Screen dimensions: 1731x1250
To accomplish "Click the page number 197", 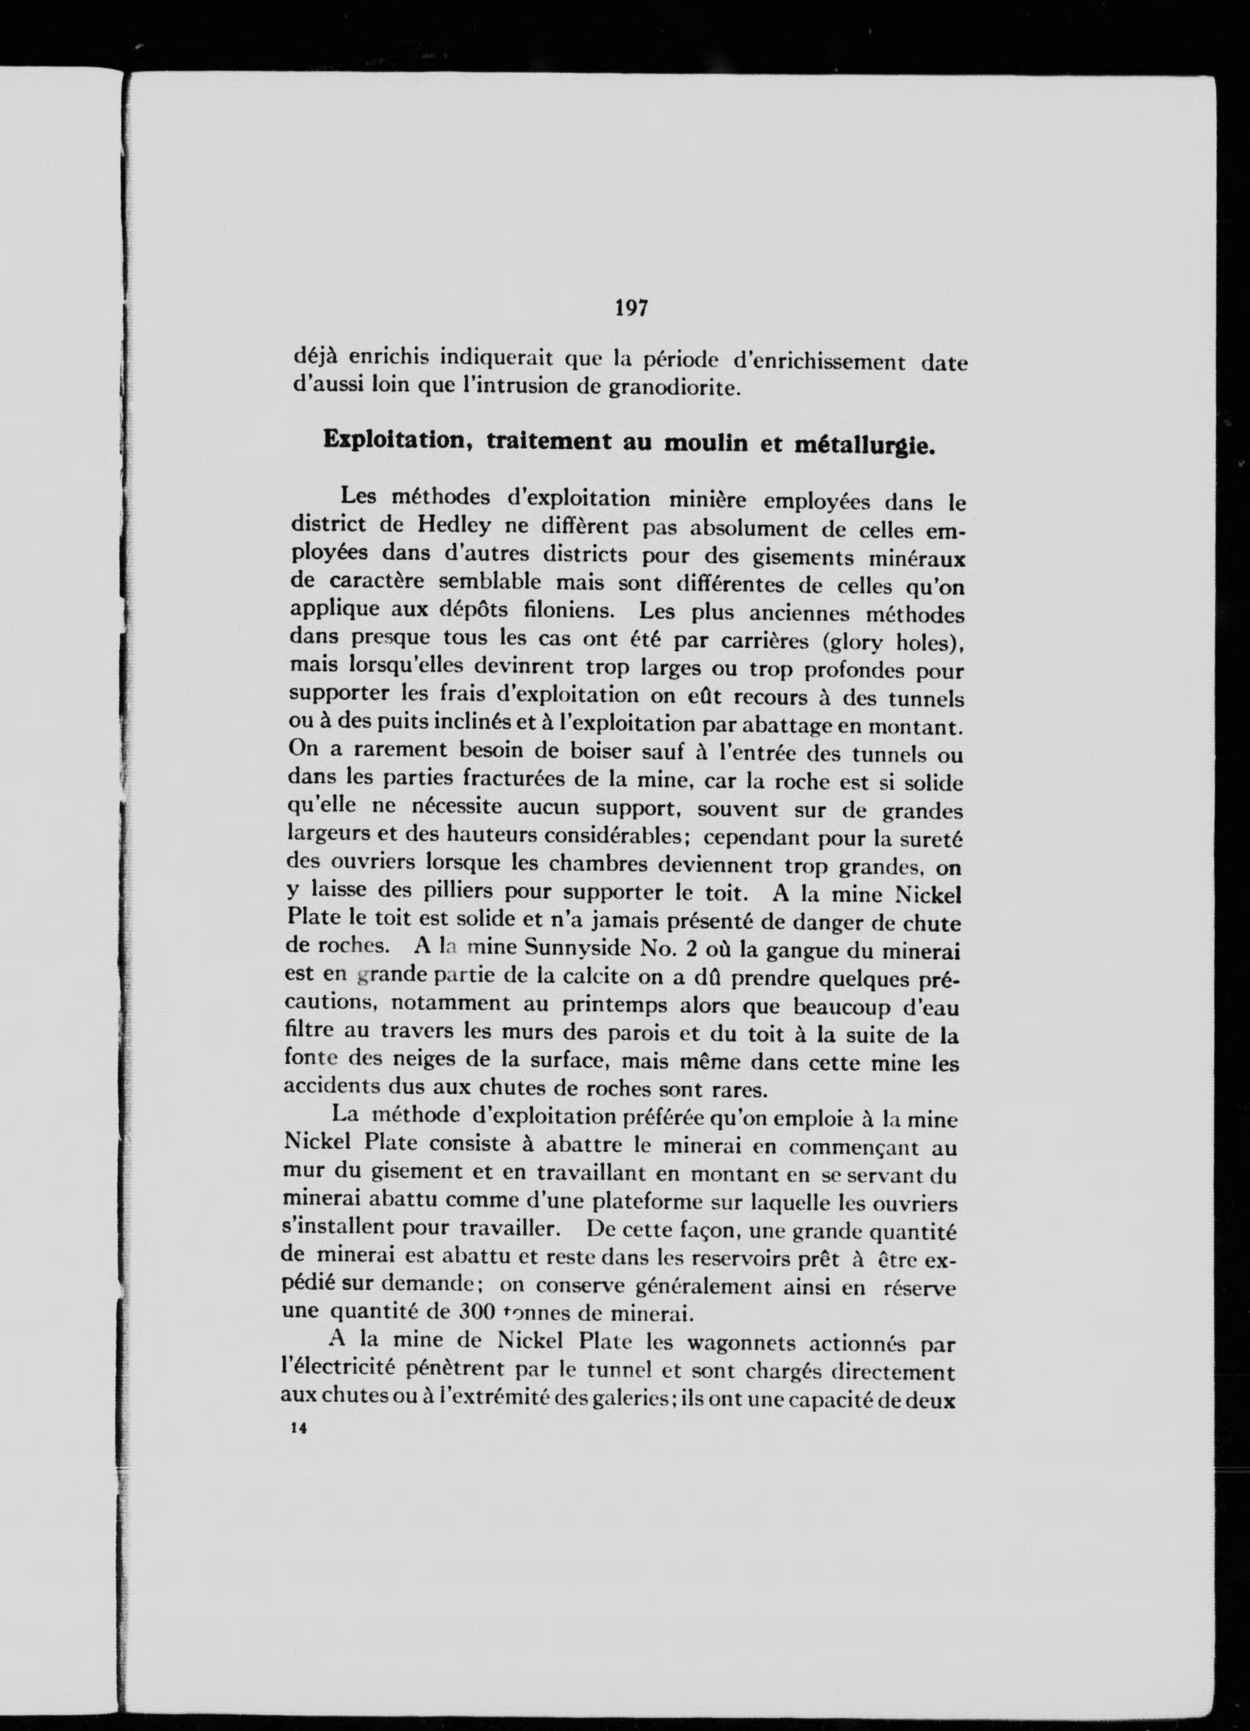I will [630, 308].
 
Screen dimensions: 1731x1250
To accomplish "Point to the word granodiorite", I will [674, 388].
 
